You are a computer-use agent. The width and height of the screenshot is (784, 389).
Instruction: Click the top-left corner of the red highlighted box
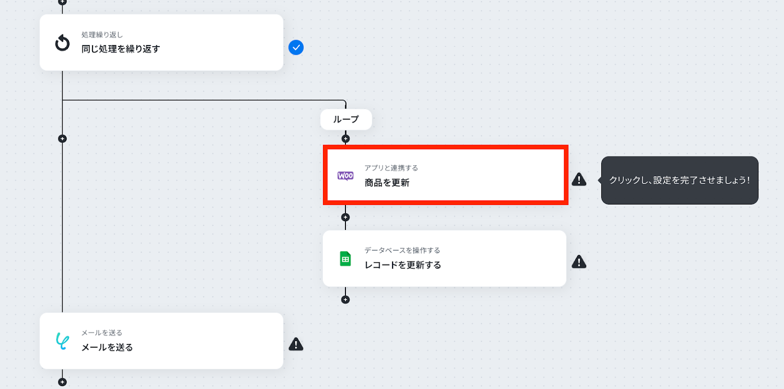[x=323, y=145]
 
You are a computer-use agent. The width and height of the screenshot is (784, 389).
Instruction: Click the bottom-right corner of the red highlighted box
[x=568, y=204]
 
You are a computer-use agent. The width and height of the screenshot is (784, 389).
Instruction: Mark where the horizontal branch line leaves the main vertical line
[x=62, y=100]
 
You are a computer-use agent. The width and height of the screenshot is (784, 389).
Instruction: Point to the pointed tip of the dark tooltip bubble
[x=598, y=180]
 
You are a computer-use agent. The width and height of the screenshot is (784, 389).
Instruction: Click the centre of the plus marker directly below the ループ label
[x=345, y=139]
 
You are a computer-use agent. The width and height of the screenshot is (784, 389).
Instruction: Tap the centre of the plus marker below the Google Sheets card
[x=345, y=299]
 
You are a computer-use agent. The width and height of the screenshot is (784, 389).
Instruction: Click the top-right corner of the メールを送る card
[x=283, y=313]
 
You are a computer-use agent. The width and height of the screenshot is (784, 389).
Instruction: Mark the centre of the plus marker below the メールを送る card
[x=62, y=382]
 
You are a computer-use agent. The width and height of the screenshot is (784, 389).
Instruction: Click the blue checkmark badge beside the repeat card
[x=296, y=47]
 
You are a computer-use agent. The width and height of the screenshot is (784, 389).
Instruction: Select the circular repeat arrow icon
[x=62, y=43]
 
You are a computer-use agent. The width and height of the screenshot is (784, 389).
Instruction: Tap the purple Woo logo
[x=345, y=176]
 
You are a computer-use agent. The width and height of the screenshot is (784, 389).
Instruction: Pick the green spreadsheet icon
[x=345, y=259]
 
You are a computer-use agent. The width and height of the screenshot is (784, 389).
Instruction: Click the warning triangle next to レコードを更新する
[x=579, y=262]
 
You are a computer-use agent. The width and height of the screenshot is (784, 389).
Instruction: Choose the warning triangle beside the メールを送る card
[x=296, y=344]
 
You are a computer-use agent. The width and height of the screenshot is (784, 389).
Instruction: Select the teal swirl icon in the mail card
[x=62, y=341]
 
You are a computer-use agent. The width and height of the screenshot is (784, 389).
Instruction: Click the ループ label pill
[x=346, y=119]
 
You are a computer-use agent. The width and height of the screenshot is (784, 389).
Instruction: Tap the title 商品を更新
[x=387, y=183]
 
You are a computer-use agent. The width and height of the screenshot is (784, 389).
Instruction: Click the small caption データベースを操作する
[x=402, y=250]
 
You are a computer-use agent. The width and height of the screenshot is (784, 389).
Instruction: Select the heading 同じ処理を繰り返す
[x=121, y=49]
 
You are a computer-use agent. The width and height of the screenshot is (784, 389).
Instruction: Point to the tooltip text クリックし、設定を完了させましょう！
[x=679, y=181]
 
